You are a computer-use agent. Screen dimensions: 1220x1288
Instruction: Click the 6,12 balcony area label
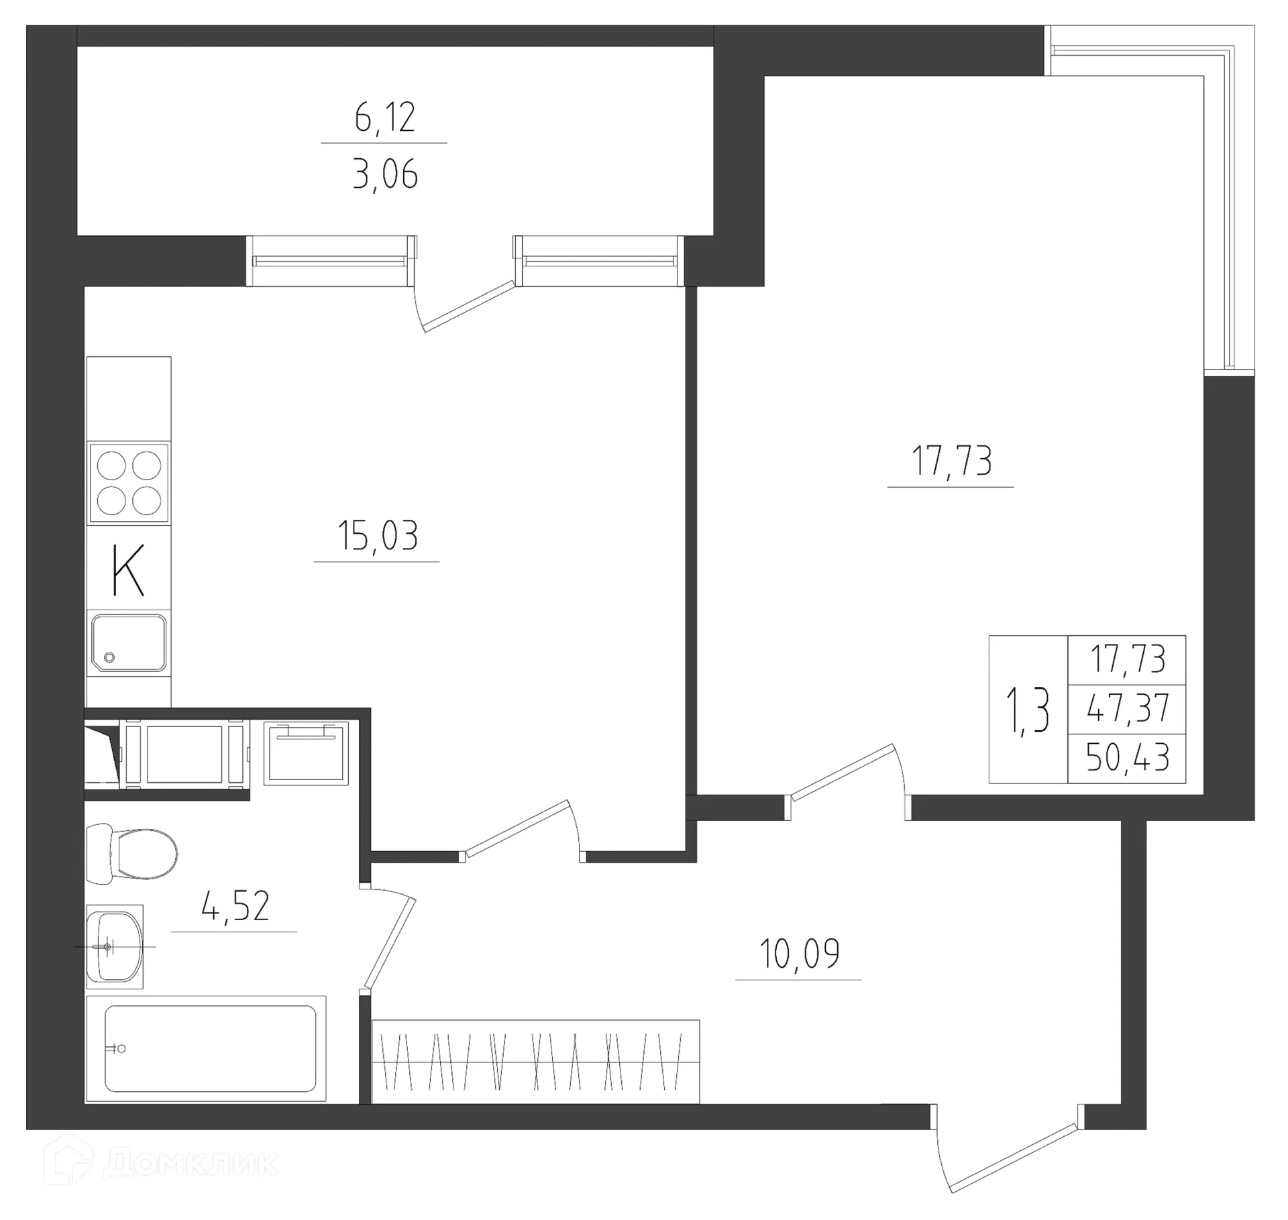tap(384, 118)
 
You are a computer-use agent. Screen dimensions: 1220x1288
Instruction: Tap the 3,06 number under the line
tap(384, 174)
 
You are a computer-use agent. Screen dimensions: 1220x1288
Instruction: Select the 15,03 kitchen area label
tap(377, 535)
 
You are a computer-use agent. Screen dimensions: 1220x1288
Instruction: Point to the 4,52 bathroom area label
tap(235, 905)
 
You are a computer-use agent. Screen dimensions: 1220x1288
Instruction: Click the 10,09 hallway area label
tap(798, 954)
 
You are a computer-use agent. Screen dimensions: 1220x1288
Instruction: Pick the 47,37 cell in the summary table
tap(1127, 710)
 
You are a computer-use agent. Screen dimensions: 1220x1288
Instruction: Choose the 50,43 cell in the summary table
tap(1127, 759)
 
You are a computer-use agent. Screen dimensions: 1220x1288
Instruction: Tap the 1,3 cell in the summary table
tap(1027, 711)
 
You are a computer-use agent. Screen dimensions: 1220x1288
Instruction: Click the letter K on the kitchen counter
tap(127, 570)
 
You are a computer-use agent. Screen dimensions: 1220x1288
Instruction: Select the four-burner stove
tap(129, 483)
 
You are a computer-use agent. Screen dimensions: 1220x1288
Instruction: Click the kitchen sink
tap(129, 643)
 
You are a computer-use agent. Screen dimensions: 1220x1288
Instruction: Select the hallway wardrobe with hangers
tap(535, 1061)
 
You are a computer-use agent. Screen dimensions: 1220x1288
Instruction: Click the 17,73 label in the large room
tap(951, 461)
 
